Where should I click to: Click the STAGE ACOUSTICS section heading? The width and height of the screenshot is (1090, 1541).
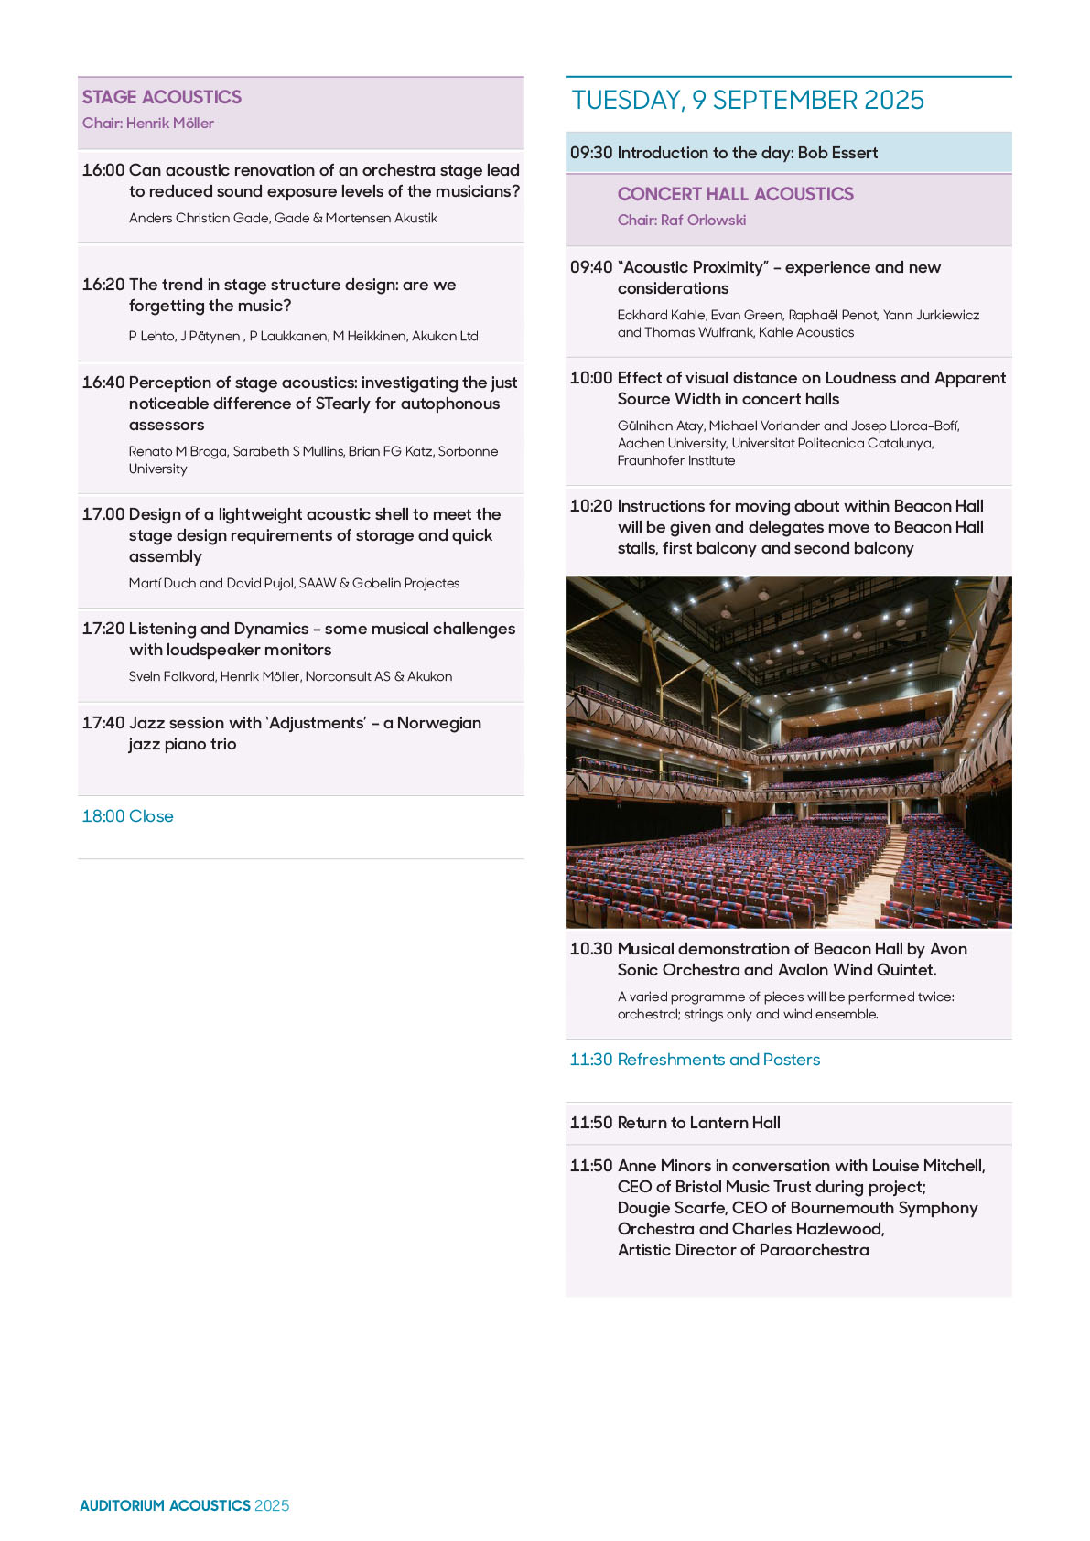[x=162, y=97]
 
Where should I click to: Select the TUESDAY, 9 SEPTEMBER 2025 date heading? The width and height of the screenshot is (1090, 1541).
[x=748, y=101]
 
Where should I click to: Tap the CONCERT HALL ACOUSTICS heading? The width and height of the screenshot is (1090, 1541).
[x=735, y=194]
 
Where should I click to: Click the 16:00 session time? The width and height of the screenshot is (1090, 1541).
[x=103, y=170]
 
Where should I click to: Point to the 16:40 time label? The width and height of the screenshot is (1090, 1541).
[x=103, y=383]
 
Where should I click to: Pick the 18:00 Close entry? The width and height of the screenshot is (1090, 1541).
[x=127, y=816]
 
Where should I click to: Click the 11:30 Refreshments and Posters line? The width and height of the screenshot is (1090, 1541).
[x=695, y=1060]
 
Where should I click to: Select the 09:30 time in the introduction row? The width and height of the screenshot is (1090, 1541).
[x=590, y=153]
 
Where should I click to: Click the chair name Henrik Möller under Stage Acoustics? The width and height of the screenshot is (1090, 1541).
[x=170, y=124]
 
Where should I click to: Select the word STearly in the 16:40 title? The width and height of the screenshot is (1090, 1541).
[x=343, y=404]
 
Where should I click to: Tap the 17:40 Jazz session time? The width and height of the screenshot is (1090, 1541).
[x=103, y=723]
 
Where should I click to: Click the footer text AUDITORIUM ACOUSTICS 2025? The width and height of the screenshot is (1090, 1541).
[x=184, y=1505]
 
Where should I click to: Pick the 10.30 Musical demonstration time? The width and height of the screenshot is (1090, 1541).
[x=590, y=949]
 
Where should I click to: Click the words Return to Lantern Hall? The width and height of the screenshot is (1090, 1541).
[x=698, y=1123]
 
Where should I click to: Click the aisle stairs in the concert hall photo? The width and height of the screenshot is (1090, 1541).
[x=874, y=874]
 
